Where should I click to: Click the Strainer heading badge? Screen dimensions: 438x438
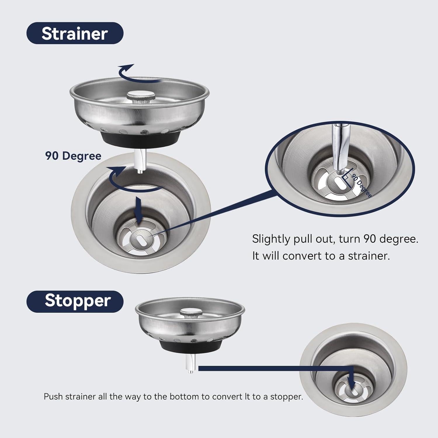coord(75,33)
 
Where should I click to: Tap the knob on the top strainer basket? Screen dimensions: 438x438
coord(140,96)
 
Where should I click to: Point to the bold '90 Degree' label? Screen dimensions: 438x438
coord(73,156)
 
